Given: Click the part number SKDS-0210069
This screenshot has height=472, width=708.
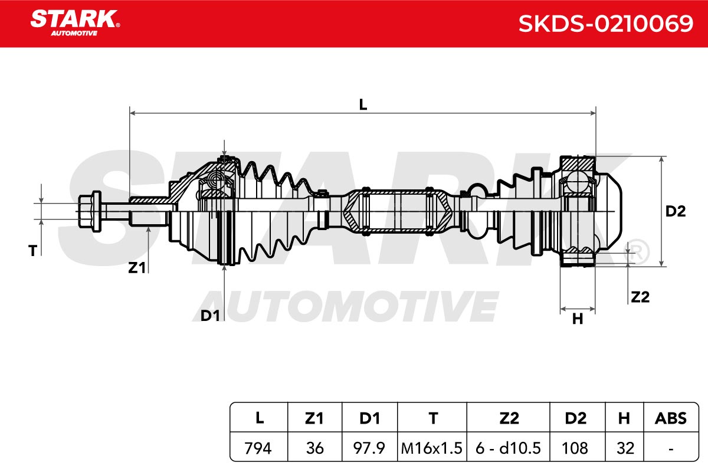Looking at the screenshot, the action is (605, 24).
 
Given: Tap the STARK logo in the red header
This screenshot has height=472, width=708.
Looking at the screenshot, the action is (75, 23).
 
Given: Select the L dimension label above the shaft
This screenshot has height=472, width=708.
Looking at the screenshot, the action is (363, 104).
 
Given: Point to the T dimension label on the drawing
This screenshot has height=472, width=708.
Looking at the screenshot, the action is (33, 251).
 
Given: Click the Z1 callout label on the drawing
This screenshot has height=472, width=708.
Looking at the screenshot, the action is (137, 268).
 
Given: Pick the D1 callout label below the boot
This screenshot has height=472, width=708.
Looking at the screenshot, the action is (210, 316).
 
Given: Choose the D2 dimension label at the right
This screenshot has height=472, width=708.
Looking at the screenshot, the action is (676, 211).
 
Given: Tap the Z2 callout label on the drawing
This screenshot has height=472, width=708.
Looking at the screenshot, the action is (640, 297).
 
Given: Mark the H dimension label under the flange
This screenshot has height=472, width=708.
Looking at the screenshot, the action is (578, 319).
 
